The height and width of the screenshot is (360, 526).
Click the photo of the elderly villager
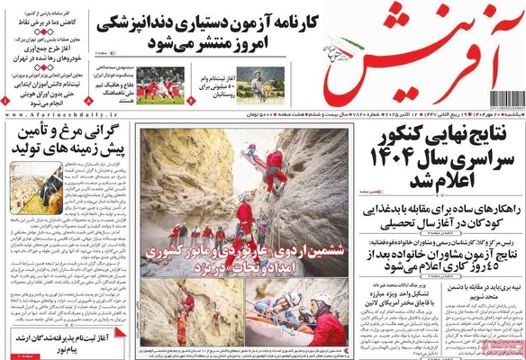(x=258, y=85)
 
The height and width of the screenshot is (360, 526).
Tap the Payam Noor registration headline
(x=63, y=342)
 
